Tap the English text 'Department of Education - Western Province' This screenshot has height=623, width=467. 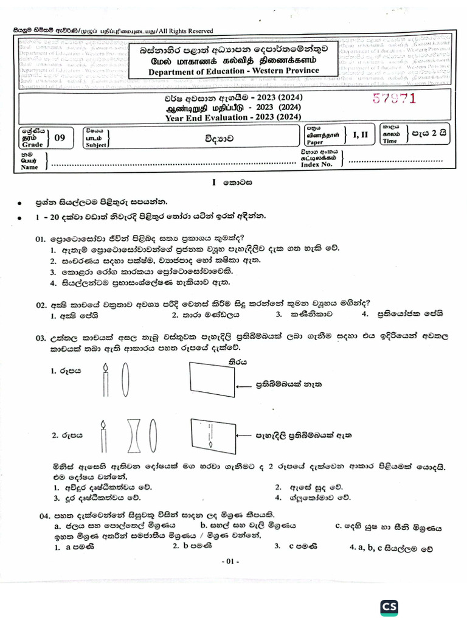pos(233,71)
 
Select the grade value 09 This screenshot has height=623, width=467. pos(60,137)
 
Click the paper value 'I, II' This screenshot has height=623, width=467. pos(359,135)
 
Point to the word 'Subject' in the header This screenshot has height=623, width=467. pos(96,145)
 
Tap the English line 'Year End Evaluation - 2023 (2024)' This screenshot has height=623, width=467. pos(233,117)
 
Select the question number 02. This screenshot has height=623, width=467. pos(41,304)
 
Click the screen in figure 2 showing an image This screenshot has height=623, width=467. pos(212,436)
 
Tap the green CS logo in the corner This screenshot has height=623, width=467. pos(389,607)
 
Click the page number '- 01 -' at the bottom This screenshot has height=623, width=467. pos(233,561)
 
